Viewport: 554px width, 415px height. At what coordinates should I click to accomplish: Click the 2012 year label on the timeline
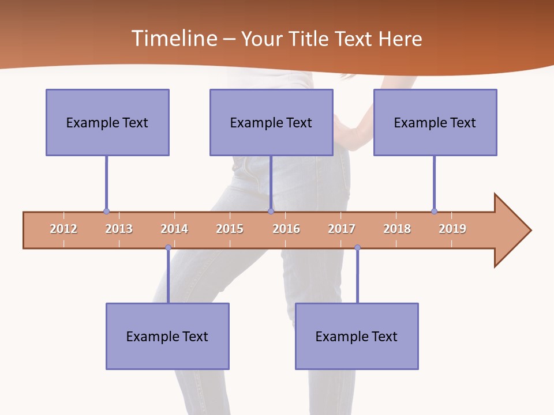tap(63, 229)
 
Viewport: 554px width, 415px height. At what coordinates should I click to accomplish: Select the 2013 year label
tap(119, 229)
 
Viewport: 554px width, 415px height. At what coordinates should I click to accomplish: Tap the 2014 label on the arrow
tap(174, 229)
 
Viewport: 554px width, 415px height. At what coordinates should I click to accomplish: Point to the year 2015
tap(230, 229)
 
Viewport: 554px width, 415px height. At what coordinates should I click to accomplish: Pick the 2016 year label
tap(286, 229)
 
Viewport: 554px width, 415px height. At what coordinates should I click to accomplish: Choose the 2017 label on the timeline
tap(342, 229)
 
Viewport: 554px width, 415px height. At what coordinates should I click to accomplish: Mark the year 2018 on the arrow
tap(397, 229)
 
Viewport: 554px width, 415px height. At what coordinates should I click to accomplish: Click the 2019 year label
tap(452, 229)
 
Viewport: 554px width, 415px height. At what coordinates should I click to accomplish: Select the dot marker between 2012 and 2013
tap(106, 212)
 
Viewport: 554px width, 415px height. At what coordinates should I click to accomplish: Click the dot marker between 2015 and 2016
tap(271, 212)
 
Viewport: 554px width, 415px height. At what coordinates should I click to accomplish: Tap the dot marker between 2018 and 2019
tap(434, 212)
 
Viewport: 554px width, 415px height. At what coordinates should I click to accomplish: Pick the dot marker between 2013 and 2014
tap(168, 248)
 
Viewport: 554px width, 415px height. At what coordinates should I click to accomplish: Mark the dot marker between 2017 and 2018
tap(357, 248)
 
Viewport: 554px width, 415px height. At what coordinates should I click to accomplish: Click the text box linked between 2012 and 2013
tap(107, 122)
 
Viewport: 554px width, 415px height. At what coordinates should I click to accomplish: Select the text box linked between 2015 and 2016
tap(271, 122)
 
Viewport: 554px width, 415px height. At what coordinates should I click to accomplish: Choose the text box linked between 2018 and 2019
tap(435, 122)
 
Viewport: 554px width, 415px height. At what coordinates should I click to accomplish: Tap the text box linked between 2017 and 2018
tap(357, 336)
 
